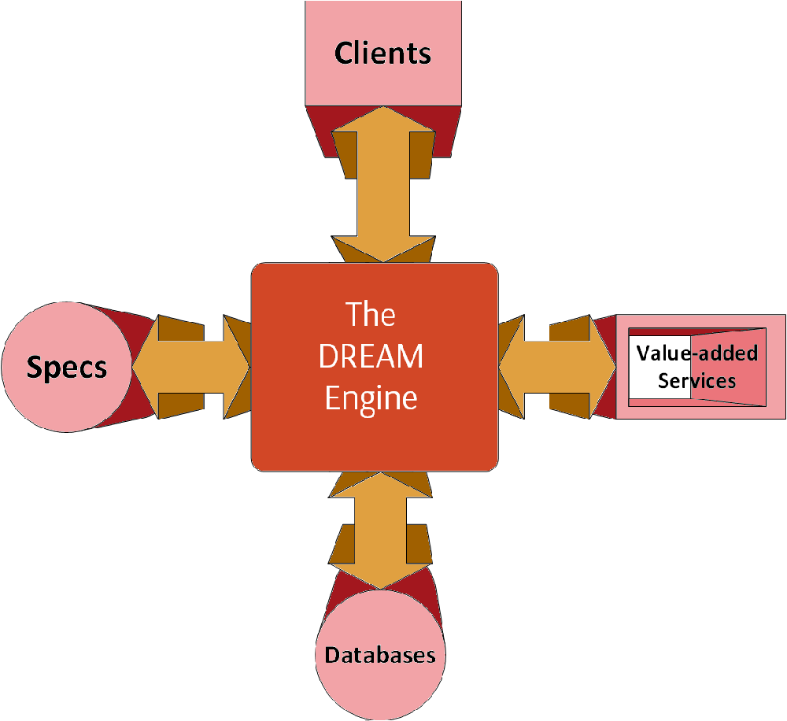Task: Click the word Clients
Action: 383,53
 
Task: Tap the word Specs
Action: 67,367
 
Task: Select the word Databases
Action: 380,655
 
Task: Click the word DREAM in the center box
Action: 371,357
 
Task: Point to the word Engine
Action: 371,397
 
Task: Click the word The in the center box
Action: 371,316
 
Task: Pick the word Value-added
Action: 697,353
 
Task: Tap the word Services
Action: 697,381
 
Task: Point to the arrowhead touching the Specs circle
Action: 146,367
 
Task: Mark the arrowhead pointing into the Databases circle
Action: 381,579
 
